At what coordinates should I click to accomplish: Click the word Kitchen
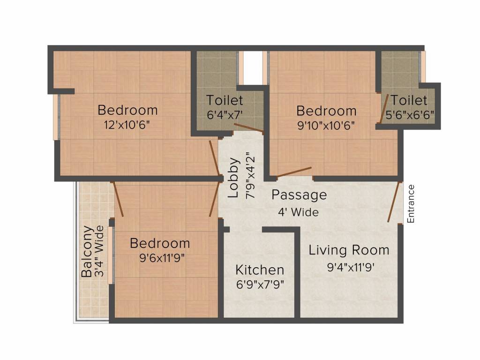tap(259, 270)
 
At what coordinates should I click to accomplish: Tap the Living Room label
tap(349, 250)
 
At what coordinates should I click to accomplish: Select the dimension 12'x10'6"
tap(127, 125)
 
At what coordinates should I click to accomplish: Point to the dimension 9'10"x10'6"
tap(326, 125)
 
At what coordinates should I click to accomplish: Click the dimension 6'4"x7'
tap(225, 114)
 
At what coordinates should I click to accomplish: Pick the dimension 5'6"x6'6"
tap(409, 114)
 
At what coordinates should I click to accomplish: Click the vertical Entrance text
tap(411, 203)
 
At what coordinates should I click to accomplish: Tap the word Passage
tap(299, 195)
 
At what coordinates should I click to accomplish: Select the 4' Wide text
tap(299, 212)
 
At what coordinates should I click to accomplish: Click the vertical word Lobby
tap(234, 178)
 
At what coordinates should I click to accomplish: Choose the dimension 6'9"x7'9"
tap(259, 284)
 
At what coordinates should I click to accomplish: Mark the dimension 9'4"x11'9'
tap(351, 268)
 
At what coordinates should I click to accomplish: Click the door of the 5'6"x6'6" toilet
tap(383, 109)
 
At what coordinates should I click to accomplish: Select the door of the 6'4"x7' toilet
tap(248, 129)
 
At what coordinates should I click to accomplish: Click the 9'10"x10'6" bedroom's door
tap(294, 172)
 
